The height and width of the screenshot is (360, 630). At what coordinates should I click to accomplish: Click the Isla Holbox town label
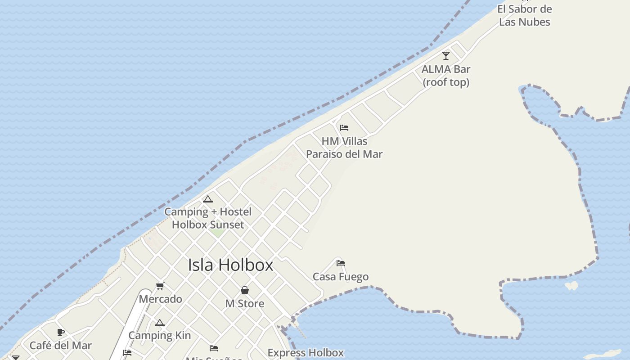[230, 265]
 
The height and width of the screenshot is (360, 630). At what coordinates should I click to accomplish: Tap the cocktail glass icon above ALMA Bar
[446, 56]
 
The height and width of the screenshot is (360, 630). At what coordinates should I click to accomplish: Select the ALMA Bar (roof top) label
[446, 76]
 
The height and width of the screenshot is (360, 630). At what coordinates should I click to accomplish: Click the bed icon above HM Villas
[344, 128]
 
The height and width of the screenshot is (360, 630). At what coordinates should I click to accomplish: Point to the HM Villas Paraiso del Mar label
[344, 148]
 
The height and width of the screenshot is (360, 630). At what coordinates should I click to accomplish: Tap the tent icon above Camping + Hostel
[208, 199]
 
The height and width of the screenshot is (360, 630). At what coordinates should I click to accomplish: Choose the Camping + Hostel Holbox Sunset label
[208, 218]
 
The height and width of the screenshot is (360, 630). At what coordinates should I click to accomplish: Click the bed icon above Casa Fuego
[341, 263]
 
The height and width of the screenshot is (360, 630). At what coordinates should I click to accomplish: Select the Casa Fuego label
[341, 277]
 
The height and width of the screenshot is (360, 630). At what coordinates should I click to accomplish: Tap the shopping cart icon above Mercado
[160, 286]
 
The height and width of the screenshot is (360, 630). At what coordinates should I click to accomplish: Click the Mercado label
[161, 299]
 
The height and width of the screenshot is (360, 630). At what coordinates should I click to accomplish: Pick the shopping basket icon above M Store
[245, 290]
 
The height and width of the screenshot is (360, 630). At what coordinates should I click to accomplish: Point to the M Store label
[245, 304]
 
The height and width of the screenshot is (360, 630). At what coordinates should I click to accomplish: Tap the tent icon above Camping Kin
[160, 323]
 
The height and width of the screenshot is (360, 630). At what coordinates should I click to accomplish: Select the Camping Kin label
[160, 336]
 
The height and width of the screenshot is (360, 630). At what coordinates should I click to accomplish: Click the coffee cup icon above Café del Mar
[61, 333]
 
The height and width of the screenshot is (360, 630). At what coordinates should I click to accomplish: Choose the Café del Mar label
[61, 346]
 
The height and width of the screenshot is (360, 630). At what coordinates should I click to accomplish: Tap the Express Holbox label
[306, 353]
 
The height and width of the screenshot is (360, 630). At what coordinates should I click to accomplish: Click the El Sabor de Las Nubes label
[525, 15]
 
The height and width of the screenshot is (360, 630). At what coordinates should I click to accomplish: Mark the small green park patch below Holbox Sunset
[218, 233]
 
